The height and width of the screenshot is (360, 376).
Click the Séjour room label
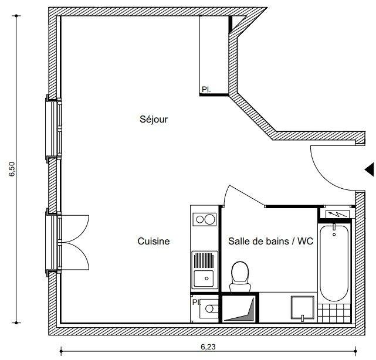pos(154,119)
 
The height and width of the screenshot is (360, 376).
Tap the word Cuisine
pos(154,241)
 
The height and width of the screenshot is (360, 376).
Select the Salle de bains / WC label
pos(271,241)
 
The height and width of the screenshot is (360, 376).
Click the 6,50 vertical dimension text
pos(12,169)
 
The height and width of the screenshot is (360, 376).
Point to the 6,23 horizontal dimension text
pos(208,347)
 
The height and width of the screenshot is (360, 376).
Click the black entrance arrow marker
pos(370,169)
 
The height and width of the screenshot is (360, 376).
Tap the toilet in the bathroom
pos(240,277)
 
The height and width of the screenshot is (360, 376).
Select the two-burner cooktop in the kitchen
pos(205,219)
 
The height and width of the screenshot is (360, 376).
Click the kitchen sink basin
pos(204,279)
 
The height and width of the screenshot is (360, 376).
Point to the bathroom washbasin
pos(303,308)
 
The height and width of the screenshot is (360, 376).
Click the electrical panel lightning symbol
pos(337,214)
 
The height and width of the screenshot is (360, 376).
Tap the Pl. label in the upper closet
pos(206,90)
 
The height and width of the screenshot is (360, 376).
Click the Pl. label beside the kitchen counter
pos(196,302)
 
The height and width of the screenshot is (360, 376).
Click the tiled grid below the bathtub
pos(334,313)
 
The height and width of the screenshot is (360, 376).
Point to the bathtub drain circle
pos(334,235)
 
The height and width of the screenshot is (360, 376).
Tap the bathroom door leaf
pos(247,195)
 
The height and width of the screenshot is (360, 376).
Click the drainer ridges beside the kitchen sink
pos(204,261)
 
